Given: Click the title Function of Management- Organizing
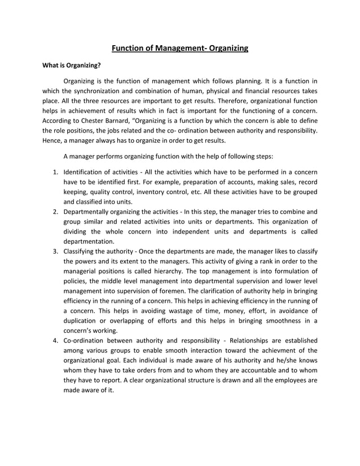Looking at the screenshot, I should [179, 49].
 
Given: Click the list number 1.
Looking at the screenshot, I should [55, 172].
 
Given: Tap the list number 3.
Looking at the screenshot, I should [55, 250].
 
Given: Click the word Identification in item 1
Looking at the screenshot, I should [85, 172].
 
